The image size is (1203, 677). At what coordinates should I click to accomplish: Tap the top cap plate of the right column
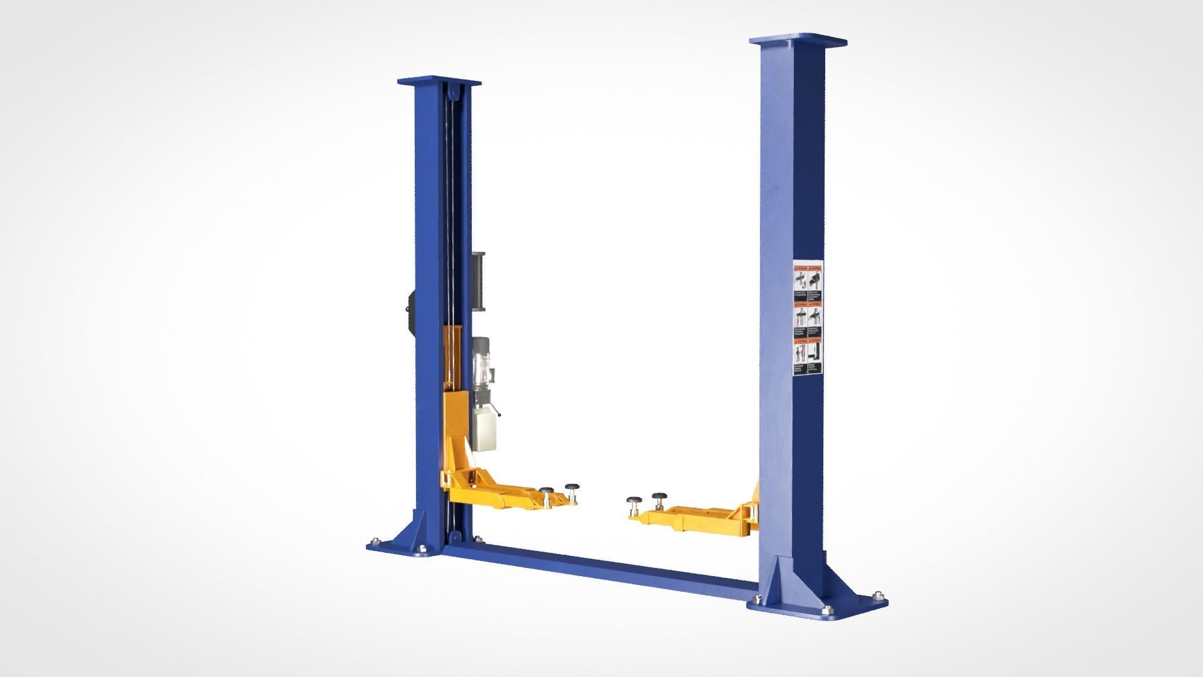[x=798, y=41]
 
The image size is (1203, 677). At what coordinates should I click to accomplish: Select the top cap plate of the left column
[x=439, y=82]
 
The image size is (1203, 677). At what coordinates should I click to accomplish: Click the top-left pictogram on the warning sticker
[x=801, y=276]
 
